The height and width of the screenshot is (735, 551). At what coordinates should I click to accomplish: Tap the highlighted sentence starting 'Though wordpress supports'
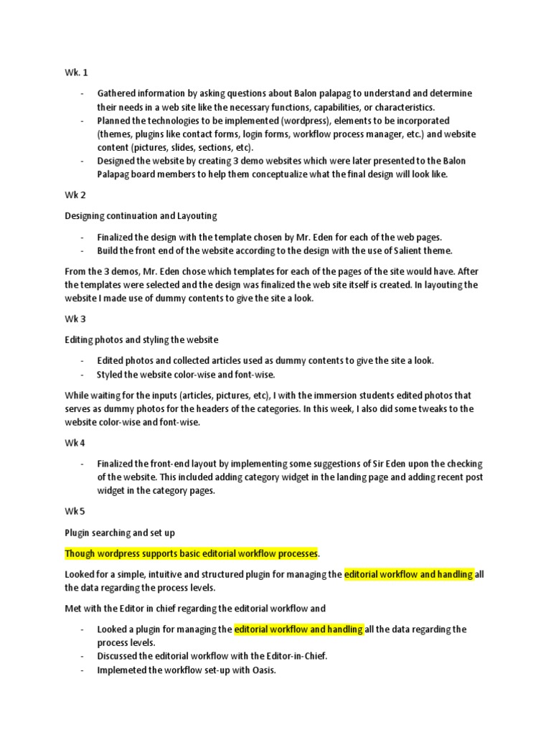(x=191, y=553)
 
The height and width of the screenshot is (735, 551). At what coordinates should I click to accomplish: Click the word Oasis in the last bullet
(x=262, y=670)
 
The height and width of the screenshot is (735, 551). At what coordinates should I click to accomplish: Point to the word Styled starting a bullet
(x=110, y=375)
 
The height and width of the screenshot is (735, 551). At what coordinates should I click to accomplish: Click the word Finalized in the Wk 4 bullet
(x=118, y=464)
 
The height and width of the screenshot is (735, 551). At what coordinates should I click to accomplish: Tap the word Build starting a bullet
(x=109, y=251)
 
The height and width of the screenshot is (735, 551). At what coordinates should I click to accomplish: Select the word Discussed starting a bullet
(x=118, y=657)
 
